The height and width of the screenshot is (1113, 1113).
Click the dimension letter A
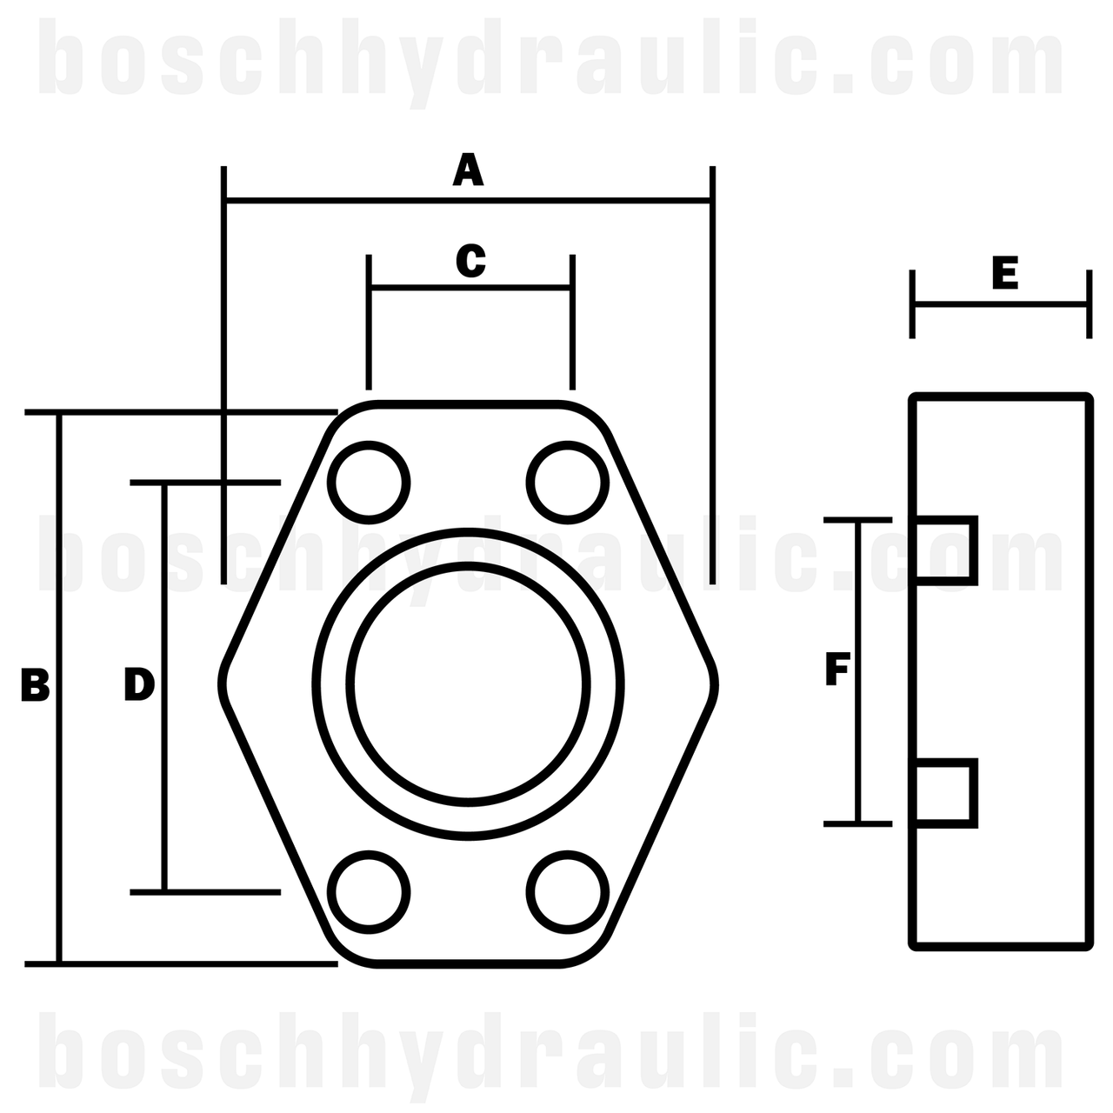coord(468,170)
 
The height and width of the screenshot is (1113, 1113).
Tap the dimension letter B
coord(36,686)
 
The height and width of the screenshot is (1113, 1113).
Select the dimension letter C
coord(470,261)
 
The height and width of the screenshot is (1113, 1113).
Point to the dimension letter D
coord(139,684)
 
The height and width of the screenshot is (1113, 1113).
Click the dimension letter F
coord(836,670)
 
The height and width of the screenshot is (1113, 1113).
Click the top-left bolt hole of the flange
coord(370,483)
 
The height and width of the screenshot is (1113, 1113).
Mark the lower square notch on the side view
coord(945,791)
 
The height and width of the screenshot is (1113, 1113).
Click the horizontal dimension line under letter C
coord(470,286)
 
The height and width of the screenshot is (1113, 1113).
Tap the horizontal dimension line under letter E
coord(1000,304)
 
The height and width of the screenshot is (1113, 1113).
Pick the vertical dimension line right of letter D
coord(163,765)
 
